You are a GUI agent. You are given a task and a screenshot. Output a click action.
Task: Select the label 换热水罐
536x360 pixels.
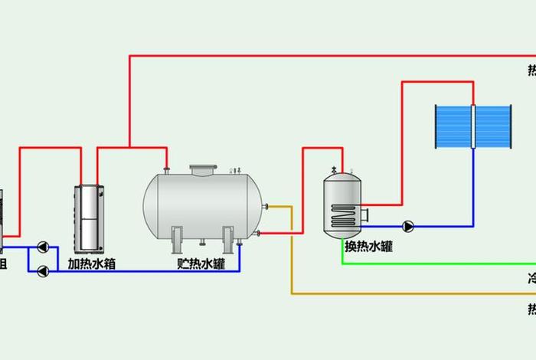[x=368, y=247]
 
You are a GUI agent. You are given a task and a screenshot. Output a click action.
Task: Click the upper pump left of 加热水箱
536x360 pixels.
[x=44, y=247]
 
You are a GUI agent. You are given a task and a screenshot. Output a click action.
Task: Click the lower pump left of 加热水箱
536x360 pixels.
[x=44, y=270]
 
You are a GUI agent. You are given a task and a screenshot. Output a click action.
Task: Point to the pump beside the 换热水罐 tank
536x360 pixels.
[x=408, y=226]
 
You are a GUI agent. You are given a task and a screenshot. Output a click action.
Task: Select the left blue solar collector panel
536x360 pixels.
[x=453, y=127]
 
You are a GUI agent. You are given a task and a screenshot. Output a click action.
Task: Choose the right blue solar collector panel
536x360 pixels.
[x=494, y=127]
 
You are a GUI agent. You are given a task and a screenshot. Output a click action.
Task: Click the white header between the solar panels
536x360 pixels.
[x=474, y=127]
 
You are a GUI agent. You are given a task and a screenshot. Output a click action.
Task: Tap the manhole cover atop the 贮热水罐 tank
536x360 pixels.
[x=204, y=169]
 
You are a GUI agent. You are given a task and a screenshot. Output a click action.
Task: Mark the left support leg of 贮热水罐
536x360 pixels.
[x=177, y=239]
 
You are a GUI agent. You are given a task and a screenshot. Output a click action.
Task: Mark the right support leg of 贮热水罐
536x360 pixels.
[x=228, y=239]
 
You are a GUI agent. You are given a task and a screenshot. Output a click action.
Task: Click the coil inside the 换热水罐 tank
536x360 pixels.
[x=342, y=215]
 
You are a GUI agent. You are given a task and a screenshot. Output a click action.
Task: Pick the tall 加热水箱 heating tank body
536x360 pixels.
[x=89, y=219]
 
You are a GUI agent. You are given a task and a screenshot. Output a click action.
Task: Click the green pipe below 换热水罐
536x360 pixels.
[x=429, y=263]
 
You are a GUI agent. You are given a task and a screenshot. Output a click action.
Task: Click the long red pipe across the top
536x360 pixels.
[x=329, y=55]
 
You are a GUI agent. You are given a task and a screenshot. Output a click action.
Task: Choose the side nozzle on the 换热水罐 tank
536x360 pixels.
[x=365, y=212]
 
